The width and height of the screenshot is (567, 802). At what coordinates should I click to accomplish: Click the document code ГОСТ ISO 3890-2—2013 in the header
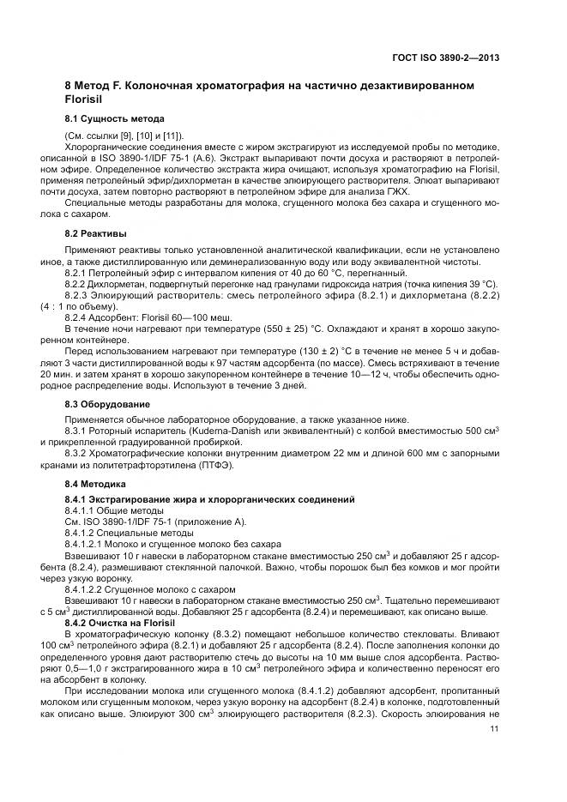(446, 58)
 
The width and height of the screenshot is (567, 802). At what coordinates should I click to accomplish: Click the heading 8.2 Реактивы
(96, 233)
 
